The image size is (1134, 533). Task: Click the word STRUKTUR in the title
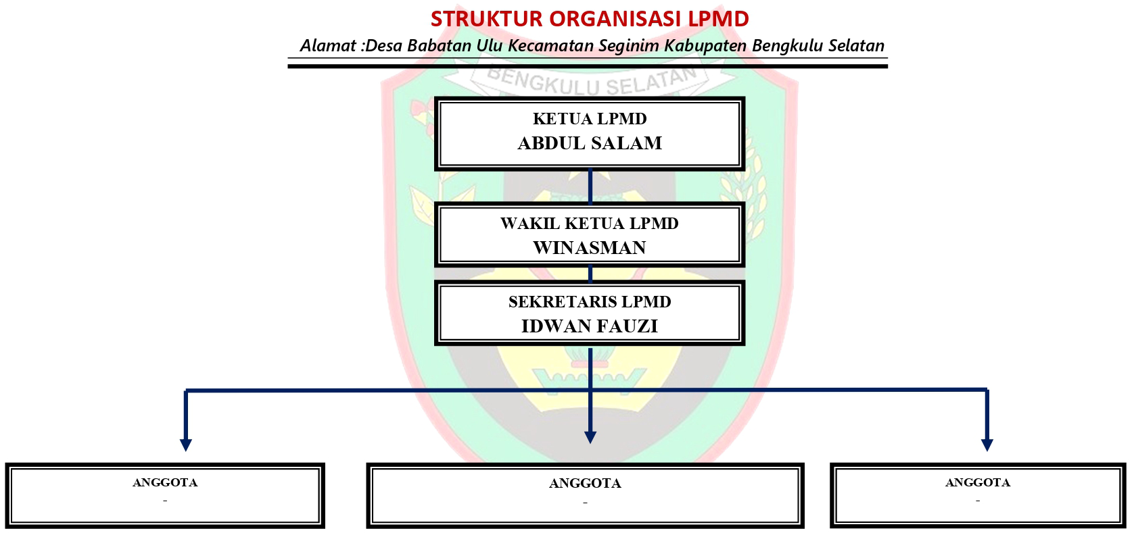point(486,19)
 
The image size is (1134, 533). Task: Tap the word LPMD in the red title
point(718,19)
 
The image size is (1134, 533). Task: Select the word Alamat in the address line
point(329,45)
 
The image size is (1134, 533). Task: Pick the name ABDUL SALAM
point(590,143)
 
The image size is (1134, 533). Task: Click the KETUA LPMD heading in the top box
point(590,119)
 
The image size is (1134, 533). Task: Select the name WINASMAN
point(590,248)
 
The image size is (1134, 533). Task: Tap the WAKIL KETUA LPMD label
point(590,224)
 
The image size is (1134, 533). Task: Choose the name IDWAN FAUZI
point(590,326)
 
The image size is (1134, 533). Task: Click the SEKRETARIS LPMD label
point(590,302)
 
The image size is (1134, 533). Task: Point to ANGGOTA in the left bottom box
point(165,482)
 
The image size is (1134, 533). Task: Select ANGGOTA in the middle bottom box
point(585,484)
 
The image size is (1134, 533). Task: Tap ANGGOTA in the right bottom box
point(978,482)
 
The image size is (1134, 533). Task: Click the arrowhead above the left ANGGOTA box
point(186,445)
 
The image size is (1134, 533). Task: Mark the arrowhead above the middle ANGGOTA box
point(590,438)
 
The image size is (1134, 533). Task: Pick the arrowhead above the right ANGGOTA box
point(987,445)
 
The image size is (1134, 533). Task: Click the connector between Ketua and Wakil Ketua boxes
point(590,186)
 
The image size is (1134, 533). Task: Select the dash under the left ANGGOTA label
point(165,501)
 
